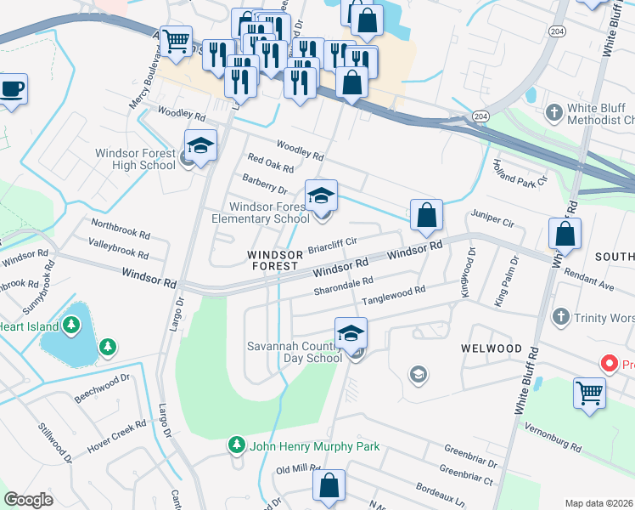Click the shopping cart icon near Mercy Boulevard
tap(176, 40)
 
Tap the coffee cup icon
tap(12, 88)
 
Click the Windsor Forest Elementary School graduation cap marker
tap(321, 196)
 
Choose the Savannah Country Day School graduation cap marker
tap(351, 333)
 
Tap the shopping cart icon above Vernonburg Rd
tap(590, 393)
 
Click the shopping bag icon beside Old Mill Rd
tap(329, 485)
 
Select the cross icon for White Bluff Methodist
tap(554, 112)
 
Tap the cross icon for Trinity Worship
tap(559, 318)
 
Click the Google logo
tap(29, 500)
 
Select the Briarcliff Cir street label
tap(332, 246)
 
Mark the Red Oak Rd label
tap(270, 163)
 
